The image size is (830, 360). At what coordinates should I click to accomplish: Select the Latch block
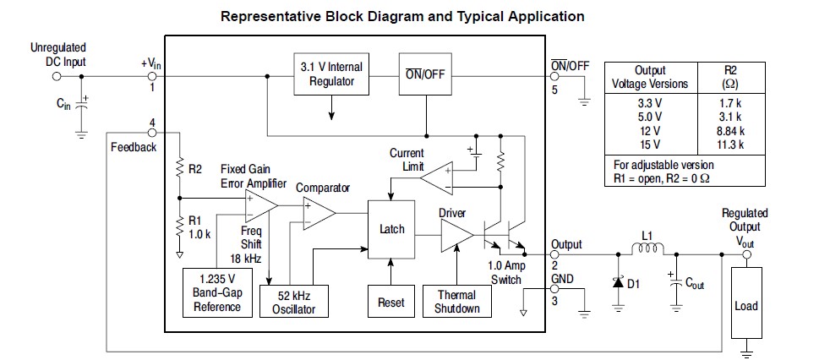pos(392,229)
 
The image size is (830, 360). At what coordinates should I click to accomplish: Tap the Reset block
pos(391,302)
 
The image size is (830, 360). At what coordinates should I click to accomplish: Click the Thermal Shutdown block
pos(457,302)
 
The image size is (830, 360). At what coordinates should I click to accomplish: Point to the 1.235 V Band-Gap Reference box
pos(217,292)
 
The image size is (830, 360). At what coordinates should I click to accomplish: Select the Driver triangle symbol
pos(454,237)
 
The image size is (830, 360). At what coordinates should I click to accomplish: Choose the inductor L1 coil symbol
pos(647,249)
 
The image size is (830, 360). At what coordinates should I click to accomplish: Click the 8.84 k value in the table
pos(728,131)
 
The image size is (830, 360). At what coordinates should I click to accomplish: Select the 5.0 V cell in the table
pos(649,117)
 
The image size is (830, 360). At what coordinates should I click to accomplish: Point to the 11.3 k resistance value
pos(728,145)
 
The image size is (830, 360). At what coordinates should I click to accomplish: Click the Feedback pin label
pos(134,147)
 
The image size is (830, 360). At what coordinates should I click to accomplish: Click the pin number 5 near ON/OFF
pos(554,90)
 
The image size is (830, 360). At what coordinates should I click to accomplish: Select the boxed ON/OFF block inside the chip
pos(424,74)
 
